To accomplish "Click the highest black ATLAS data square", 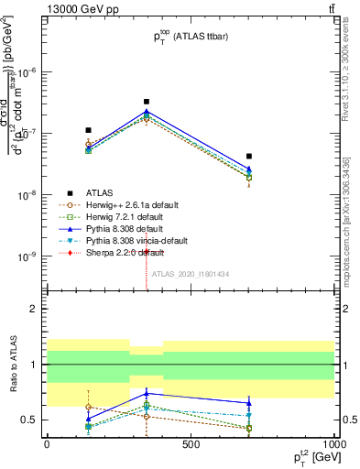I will tap(147, 102).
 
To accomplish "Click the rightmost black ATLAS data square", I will tap(249, 157).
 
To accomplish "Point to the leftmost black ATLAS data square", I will tap(89, 130).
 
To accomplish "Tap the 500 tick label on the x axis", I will tap(191, 443).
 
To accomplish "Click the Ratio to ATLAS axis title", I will tap(13, 364).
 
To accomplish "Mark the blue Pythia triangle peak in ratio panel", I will tap(147, 393).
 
